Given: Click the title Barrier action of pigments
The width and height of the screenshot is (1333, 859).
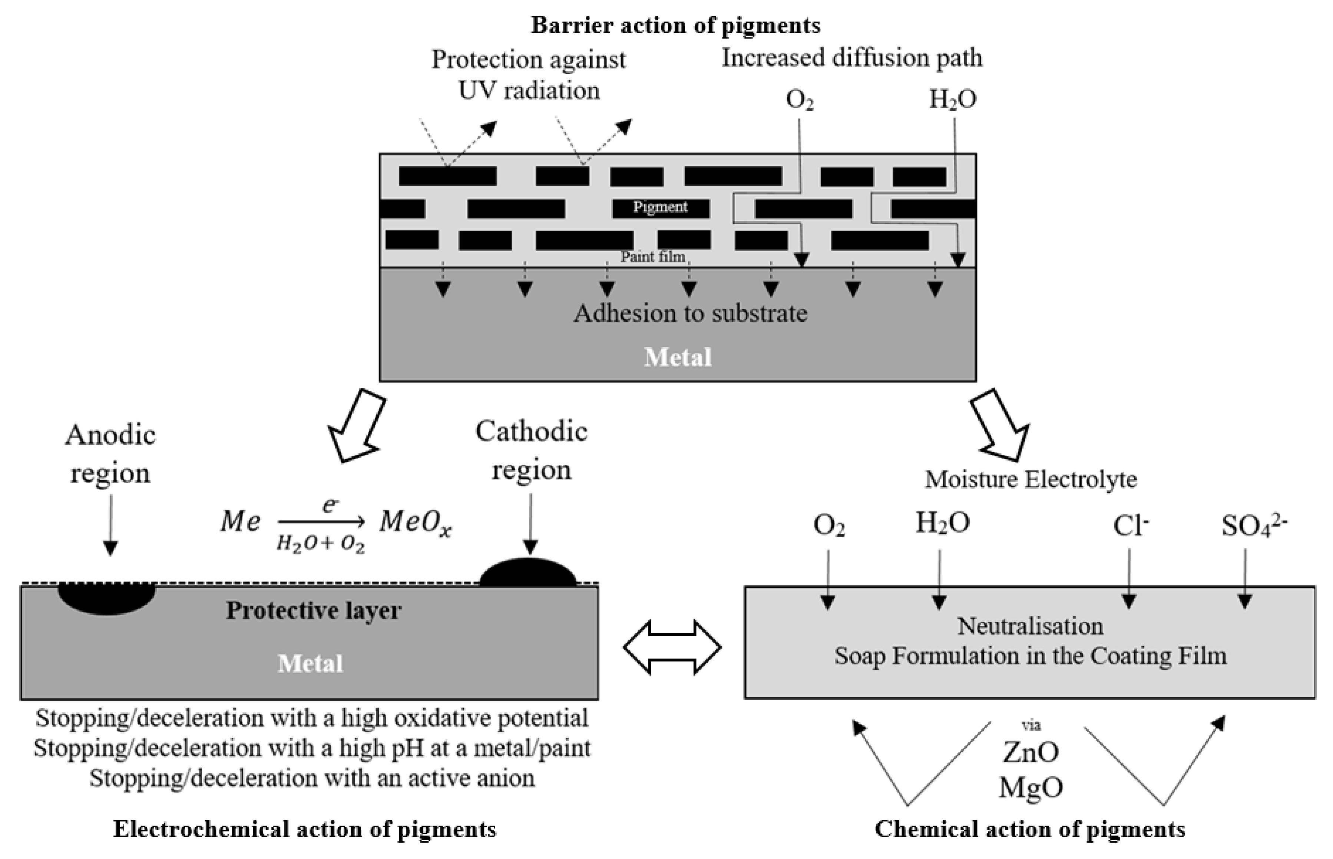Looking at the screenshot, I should (x=675, y=25).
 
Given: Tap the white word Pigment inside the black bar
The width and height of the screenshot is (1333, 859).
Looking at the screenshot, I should (x=660, y=208).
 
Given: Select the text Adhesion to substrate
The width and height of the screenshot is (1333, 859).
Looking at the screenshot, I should (x=690, y=314).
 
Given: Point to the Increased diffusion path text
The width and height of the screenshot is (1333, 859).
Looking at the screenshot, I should (x=851, y=58).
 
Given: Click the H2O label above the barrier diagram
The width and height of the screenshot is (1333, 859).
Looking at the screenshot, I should (x=952, y=99).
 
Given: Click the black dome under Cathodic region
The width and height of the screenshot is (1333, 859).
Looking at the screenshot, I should (x=528, y=573).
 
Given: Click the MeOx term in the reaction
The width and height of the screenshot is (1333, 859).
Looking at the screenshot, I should (x=415, y=523).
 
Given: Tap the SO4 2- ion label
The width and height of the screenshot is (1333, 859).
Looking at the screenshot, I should (x=1254, y=525).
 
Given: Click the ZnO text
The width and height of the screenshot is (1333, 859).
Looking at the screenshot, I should (x=1031, y=753).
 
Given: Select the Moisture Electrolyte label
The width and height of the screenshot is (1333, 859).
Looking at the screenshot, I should (x=1031, y=480).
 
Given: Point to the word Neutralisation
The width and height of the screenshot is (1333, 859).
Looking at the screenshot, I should (x=1030, y=626).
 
